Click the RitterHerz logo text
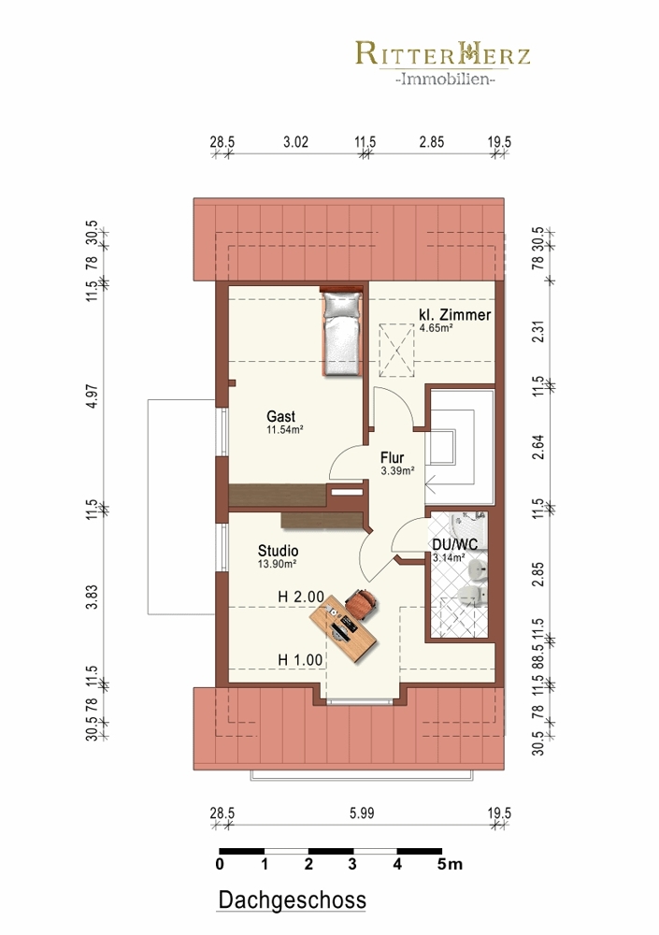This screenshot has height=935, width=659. coord(442,53)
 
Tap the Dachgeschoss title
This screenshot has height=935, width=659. coord(293,899)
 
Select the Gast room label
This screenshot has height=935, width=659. coord(281,416)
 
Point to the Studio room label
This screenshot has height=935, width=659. coord(278,551)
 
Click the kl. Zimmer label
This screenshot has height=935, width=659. coord(455,315)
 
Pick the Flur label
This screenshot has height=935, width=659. coord(393,457)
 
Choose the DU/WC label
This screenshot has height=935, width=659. coord(455,544)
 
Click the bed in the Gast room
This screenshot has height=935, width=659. coord(343,332)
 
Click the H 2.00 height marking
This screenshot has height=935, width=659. coord(301,597)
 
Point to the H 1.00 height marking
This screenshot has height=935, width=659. coord(301,660)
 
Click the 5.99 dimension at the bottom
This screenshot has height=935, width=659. coord(362,813)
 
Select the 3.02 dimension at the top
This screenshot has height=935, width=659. coord(295,142)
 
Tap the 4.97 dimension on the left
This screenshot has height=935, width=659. coord(92,396)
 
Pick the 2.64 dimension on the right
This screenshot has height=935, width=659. coord(537,447)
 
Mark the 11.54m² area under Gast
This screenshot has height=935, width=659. coord(285,429)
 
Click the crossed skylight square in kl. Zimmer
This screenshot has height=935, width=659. coord(396,350)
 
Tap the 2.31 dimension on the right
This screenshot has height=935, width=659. coord(537,332)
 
